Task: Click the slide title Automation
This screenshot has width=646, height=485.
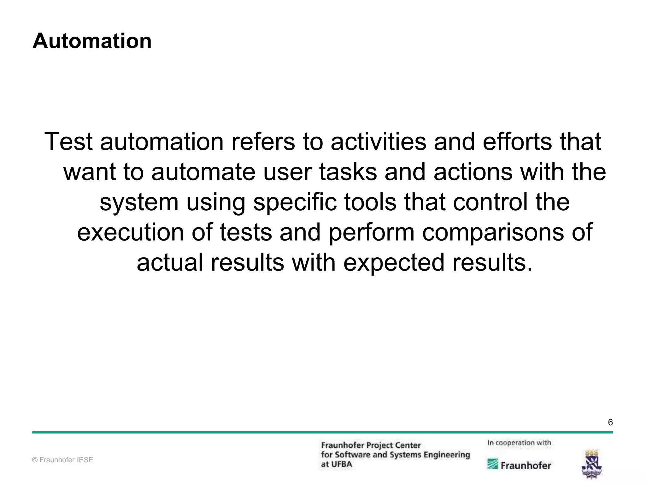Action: pyautogui.click(x=92, y=41)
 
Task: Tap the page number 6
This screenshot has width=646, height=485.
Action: pyautogui.click(x=610, y=422)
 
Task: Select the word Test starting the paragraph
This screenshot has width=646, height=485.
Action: pyautogui.click(x=68, y=141)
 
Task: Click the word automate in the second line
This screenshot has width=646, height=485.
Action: pyautogui.click(x=203, y=172)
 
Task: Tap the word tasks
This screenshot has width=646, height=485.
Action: pyautogui.click(x=348, y=172)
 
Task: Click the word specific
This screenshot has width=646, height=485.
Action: pyautogui.click(x=295, y=203)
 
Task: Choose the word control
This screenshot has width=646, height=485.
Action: pyautogui.click(x=490, y=202)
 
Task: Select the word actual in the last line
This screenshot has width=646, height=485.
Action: pyautogui.click(x=170, y=262)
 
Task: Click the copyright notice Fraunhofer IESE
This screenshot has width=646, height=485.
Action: pyautogui.click(x=63, y=460)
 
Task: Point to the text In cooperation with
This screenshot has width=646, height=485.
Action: pyautogui.click(x=519, y=443)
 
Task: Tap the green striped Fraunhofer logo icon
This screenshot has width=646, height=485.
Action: pyautogui.click(x=493, y=464)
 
